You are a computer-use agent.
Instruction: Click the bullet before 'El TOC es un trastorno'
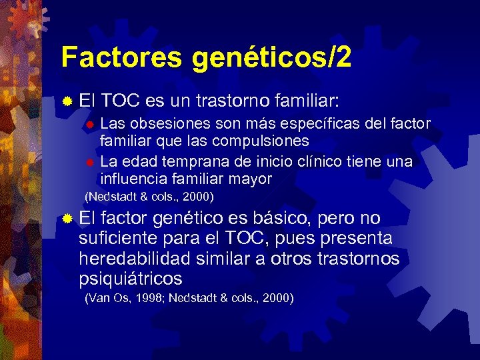(67, 102)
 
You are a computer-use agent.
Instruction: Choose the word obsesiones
(168, 124)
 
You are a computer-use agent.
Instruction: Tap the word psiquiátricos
(130, 278)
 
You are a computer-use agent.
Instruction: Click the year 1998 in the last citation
(149, 297)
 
